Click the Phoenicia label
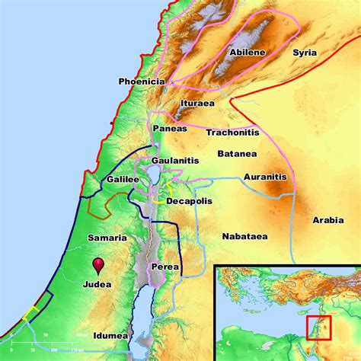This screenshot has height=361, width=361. [x=141, y=81]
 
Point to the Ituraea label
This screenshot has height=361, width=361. [x=198, y=102]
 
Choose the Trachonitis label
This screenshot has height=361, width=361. [x=232, y=132]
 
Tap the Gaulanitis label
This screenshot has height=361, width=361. [x=176, y=162]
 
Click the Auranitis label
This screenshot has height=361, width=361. [x=264, y=177]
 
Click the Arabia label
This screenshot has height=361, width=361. [x=329, y=220]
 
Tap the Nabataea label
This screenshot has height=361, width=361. [x=243, y=237]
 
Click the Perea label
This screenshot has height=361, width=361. [x=165, y=267]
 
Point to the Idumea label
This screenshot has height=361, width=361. [x=110, y=334]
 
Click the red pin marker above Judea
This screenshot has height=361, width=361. [x=97, y=264]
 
